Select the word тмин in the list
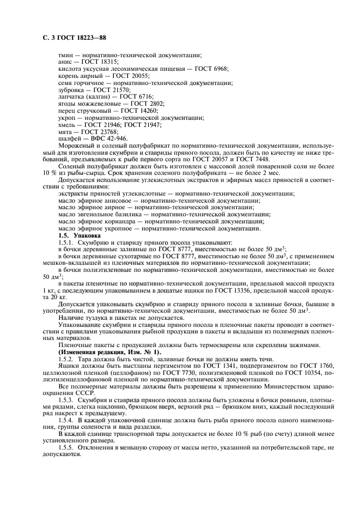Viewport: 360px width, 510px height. coord(65,56)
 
